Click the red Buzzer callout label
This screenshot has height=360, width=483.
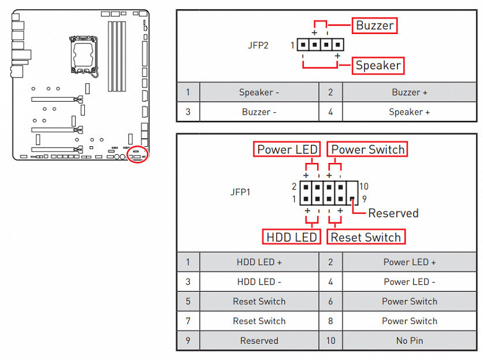click(x=375, y=25)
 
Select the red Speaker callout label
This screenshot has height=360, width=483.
click(x=378, y=65)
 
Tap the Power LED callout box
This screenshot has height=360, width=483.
click(x=287, y=149)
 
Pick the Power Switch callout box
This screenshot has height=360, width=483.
click(x=368, y=149)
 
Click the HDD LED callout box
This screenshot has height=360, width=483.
click(x=291, y=237)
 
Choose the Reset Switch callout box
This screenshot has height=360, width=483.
click(x=366, y=237)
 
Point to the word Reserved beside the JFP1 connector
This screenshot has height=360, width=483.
click(x=393, y=213)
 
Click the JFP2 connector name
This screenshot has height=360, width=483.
click(x=258, y=45)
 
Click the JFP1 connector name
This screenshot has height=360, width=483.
click(x=240, y=192)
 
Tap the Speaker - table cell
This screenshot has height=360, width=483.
click(x=259, y=92)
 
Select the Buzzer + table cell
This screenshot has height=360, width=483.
click(x=409, y=92)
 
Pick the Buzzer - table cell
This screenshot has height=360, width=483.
click(x=259, y=112)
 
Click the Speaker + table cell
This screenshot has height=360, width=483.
click(x=409, y=112)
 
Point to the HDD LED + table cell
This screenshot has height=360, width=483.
click(x=259, y=262)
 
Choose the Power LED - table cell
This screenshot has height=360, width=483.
click(x=409, y=282)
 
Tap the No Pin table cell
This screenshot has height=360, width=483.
click(x=409, y=341)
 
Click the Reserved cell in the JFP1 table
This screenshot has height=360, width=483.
click(x=259, y=341)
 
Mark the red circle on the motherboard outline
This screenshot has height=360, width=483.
click(x=136, y=154)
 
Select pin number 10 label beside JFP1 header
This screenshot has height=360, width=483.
click(x=364, y=187)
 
